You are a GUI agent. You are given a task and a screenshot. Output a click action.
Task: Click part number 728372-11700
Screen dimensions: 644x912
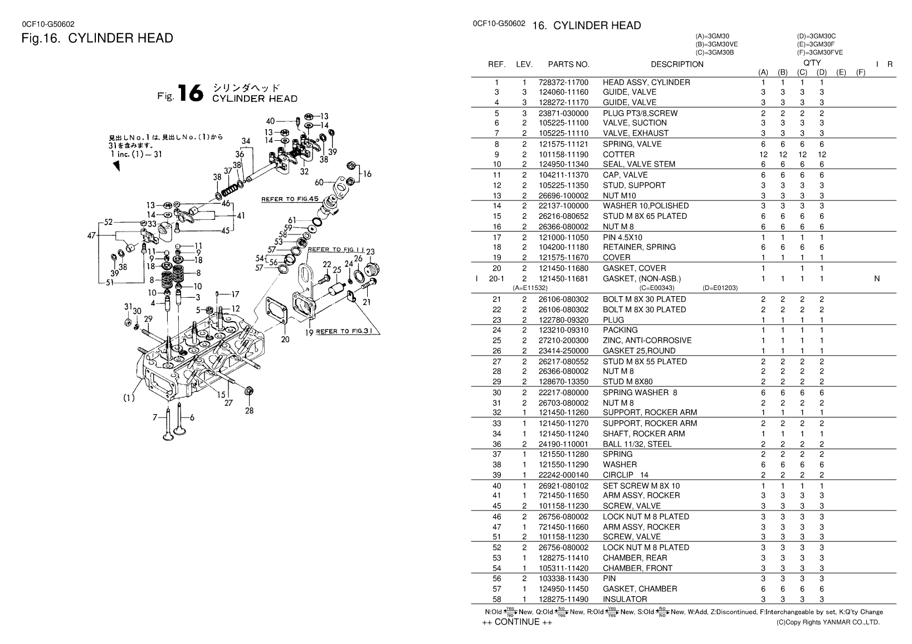click(563, 82)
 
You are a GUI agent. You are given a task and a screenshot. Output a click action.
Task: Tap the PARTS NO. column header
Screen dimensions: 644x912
click(568, 65)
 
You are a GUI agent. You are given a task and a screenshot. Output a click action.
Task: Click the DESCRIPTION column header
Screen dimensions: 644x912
click(677, 65)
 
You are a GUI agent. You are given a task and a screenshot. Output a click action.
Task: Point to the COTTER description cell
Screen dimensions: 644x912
click(618, 154)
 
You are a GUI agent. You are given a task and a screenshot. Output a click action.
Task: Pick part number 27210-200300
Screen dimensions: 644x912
click(563, 341)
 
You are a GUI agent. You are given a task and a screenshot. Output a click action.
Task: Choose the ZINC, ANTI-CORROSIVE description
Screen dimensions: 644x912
click(647, 341)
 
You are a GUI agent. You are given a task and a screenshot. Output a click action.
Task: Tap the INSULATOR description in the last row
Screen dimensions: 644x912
click(625, 599)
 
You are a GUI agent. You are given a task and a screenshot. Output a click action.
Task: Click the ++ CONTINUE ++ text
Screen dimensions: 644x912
click(517, 622)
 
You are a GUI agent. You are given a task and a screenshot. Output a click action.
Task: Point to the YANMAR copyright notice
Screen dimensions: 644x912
click(828, 622)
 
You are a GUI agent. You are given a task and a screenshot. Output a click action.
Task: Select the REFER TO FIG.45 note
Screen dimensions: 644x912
click(290, 199)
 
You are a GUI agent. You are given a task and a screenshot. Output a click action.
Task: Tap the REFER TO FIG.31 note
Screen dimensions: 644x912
click(344, 332)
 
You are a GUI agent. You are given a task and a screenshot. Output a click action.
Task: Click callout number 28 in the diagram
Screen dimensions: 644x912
click(248, 411)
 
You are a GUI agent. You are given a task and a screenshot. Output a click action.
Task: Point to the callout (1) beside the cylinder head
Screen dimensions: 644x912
click(129, 399)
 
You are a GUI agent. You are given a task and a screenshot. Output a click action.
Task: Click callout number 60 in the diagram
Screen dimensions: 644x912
click(319, 183)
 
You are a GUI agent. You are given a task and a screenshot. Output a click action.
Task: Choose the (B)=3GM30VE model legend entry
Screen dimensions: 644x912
click(716, 45)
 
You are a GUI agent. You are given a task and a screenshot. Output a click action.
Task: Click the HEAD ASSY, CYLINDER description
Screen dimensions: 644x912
click(646, 82)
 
